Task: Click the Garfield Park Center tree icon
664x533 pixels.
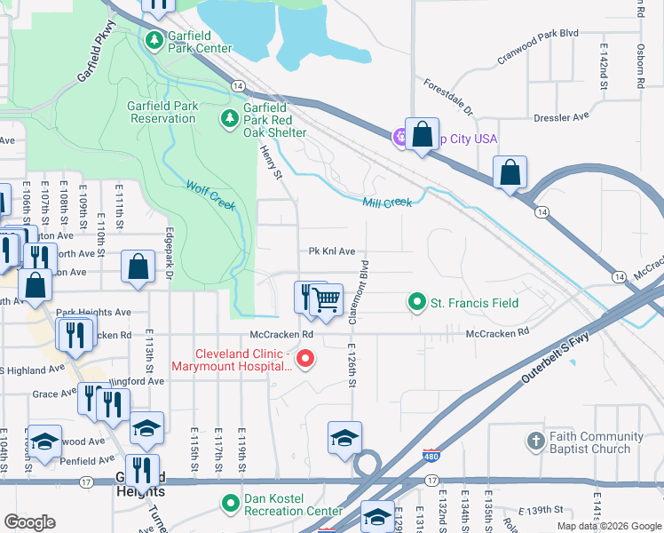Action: tap(154, 40)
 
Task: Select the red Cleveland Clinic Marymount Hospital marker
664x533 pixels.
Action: tap(305, 359)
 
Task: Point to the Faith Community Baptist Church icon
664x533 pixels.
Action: tap(534, 442)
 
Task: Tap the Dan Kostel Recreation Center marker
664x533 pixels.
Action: tap(231, 504)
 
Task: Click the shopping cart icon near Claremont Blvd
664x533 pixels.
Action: tap(327, 301)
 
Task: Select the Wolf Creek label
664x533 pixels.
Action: tap(211, 195)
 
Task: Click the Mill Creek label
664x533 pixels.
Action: tap(387, 203)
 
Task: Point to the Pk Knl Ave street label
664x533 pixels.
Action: tap(332, 251)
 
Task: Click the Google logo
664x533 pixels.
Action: tap(29, 522)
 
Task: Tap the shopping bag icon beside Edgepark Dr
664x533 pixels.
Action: tap(138, 267)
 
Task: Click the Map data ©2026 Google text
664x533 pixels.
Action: tap(608, 526)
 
